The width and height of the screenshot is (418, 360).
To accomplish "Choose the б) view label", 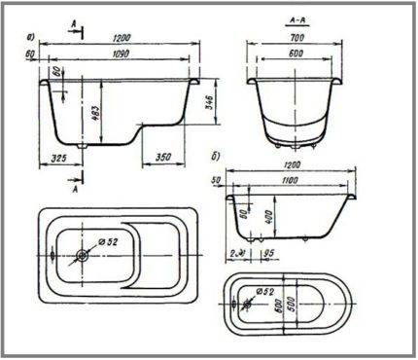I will click(226, 155).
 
